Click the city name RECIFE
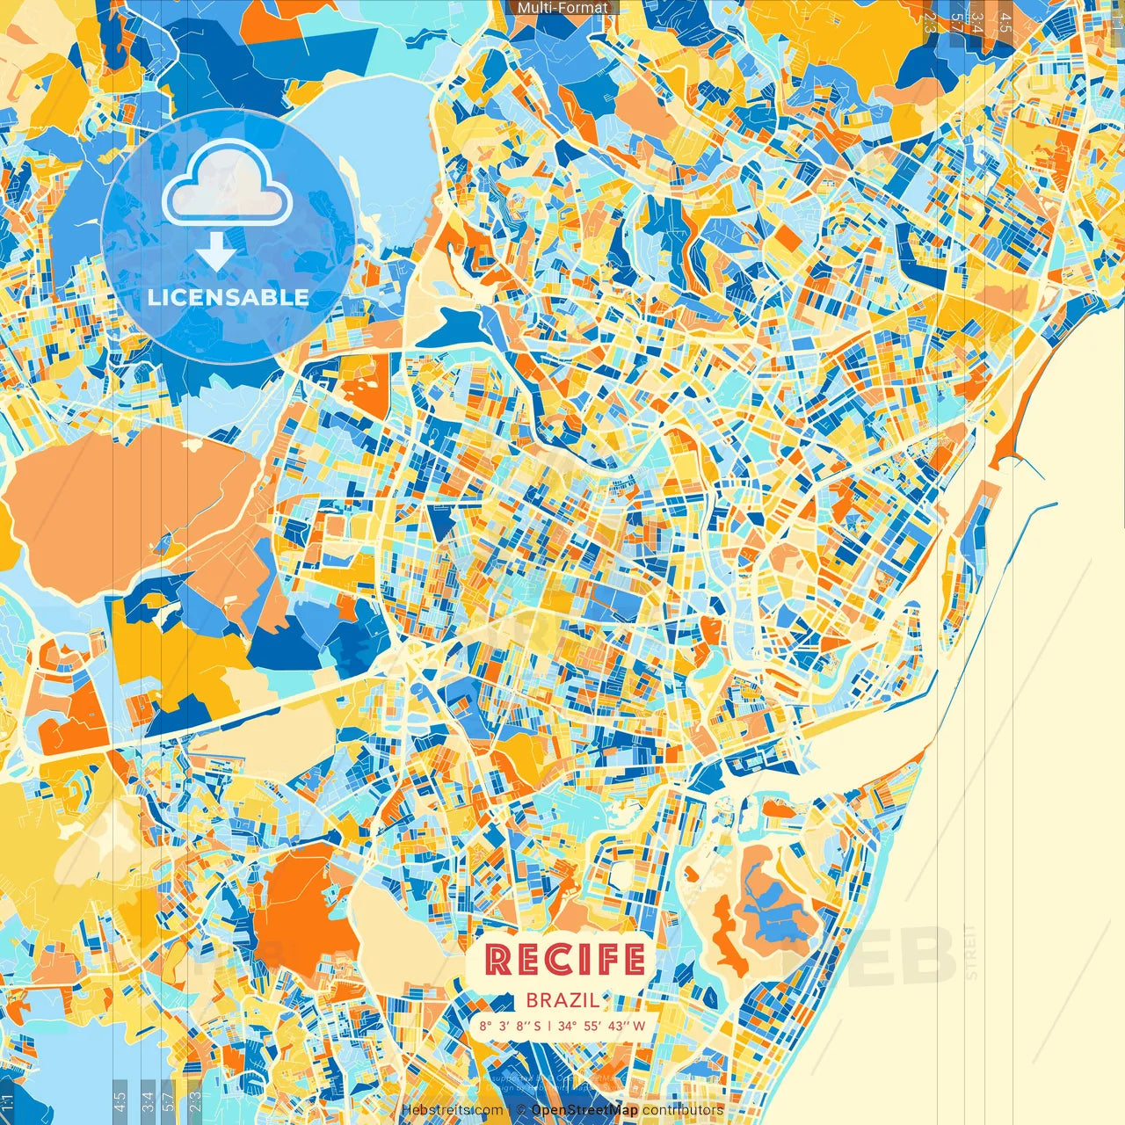tap(564, 960)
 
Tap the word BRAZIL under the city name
tap(563, 1000)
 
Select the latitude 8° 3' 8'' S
tap(511, 1026)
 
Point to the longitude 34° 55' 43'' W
tap(601, 1026)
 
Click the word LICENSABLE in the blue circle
tap(228, 297)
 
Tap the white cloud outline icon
tap(228, 184)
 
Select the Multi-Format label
tap(562, 8)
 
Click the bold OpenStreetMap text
tap(584, 1110)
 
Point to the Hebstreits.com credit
tap(452, 1110)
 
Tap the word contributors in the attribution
tap(682, 1110)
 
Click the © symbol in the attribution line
tap(520, 1110)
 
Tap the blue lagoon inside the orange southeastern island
tap(773, 914)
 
